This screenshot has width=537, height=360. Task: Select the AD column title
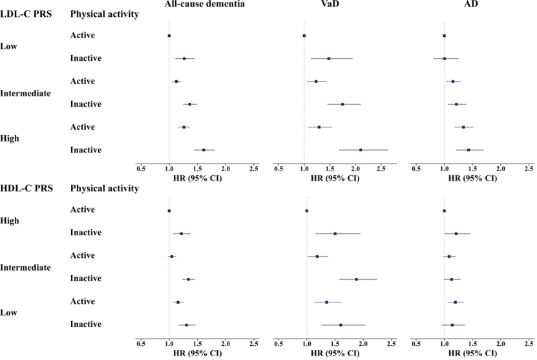click(470, 5)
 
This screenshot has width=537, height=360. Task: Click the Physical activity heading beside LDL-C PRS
click(104, 14)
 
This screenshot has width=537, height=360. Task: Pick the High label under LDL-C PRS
click(10, 138)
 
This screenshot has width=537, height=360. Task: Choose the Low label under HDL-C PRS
click(9, 313)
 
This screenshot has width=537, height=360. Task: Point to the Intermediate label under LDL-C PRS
click(25, 92)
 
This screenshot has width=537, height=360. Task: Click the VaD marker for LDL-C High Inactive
click(361, 150)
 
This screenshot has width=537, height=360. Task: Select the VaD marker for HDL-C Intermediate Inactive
click(356, 279)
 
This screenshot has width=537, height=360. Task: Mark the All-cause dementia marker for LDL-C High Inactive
click(204, 150)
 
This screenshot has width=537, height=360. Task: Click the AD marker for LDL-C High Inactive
click(469, 150)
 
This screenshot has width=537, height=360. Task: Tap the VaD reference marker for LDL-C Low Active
click(304, 36)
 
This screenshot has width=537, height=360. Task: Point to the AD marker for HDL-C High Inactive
click(456, 233)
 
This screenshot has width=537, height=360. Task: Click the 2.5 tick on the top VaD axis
click(392, 168)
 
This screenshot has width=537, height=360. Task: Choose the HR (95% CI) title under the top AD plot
click(470, 178)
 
